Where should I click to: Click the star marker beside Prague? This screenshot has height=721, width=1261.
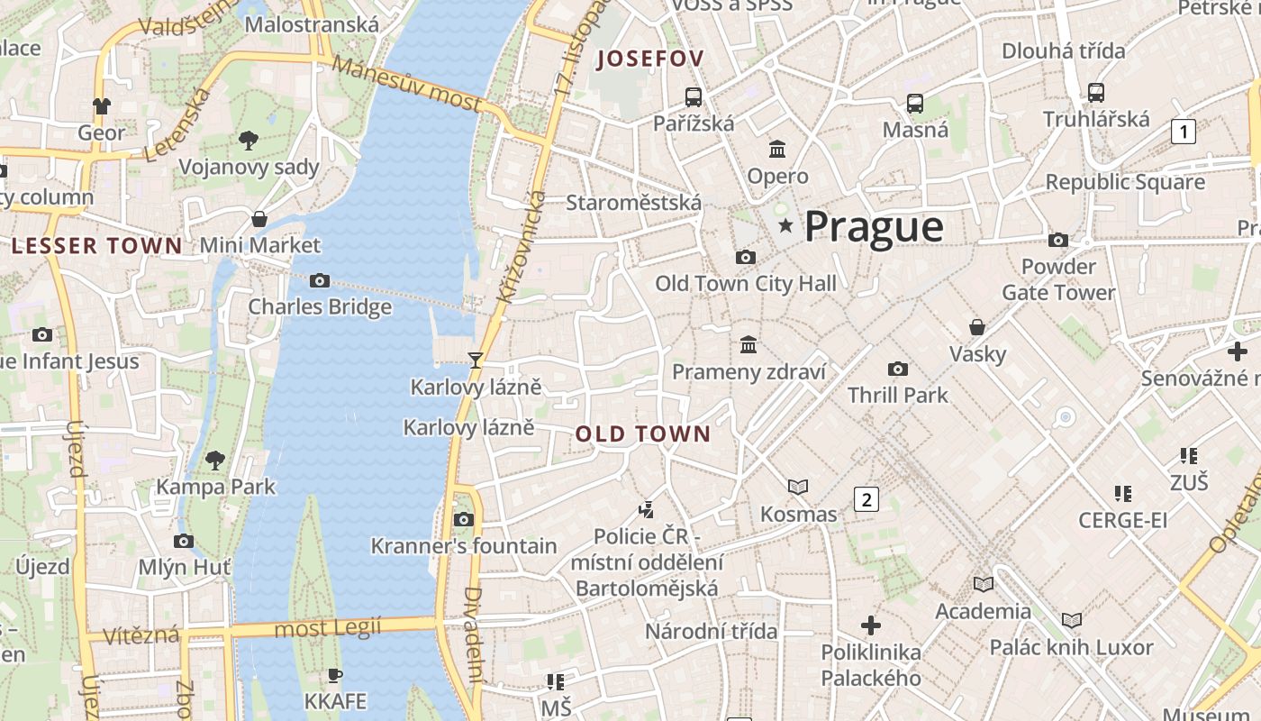pos(785,225)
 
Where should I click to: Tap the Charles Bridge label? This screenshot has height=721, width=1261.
pos(320,306)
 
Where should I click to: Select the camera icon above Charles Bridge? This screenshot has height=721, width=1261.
pos(319,281)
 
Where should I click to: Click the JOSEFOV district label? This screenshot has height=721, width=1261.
pos(650,59)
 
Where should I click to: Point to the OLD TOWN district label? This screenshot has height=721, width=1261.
pos(643,434)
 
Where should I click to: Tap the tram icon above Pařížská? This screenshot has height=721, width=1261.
pos(693,97)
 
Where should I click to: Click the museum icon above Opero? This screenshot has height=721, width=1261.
pos(776,149)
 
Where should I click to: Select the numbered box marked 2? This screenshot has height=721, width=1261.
pos(866,499)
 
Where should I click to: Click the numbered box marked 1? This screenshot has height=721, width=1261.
pos(1183,132)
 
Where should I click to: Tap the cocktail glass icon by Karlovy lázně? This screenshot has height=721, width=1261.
pos(475,360)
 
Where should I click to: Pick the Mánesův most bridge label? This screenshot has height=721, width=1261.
pos(406,83)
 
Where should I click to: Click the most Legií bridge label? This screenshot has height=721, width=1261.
pos(327,627)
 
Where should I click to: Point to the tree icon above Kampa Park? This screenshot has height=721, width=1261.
pos(214,461)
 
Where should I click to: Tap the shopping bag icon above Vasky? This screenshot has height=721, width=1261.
pos(976,327)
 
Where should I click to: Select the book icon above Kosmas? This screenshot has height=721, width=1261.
pos(797,488)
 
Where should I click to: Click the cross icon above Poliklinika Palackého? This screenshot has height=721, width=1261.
pos(870,625)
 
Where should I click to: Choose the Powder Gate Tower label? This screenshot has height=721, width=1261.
pos(1058,279)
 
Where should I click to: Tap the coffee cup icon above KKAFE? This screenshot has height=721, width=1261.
pos(335,675)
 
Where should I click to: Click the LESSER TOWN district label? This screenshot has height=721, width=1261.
pos(96,245)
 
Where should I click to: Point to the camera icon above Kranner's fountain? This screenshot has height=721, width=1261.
pos(464,519)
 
